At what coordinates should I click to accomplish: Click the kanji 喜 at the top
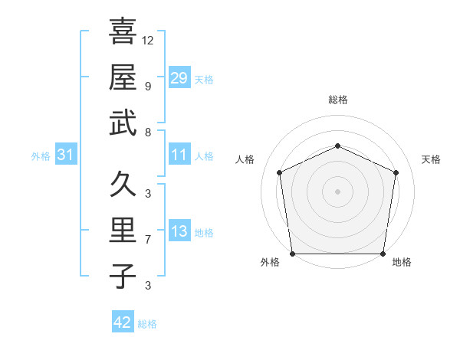pyautogui.click(x=123, y=32)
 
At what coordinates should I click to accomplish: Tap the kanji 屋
pyautogui.click(x=123, y=77)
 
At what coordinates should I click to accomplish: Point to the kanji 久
pyautogui.click(x=123, y=185)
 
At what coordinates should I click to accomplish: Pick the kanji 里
pyautogui.click(x=123, y=231)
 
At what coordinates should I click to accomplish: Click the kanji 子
pyautogui.click(x=123, y=276)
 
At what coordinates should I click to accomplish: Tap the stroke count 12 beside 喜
pyautogui.click(x=148, y=40)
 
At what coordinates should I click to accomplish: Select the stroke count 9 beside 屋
pyautogui.click(x=148, y=86)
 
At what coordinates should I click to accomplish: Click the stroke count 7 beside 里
pyautogui.click(x=148, y=240)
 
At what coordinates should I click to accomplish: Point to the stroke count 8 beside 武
pyautogui.click(x=148, y=133)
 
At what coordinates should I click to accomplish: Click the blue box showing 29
pyautogui.click(x=179, y=78)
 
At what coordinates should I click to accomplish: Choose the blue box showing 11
pyautogui.click(x=179, y=155)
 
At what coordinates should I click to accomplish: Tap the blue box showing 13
pyautogui.click(x=179, y=232)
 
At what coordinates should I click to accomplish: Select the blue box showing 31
pyautogui.click(x=66, y=155)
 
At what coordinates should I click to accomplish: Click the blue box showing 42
pyautogui.click(x=123, y=322)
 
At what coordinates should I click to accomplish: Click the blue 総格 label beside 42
pyautogui.click(x=147, y=324)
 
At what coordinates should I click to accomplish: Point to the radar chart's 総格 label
pyautogui.click(x=337, y=100)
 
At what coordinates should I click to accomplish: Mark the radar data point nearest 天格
pyautogui.click(x=396, y=172)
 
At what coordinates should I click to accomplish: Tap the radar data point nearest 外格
pyautogui.click(x=292, y=254)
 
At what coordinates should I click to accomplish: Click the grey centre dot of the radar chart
pyautogui.click(x=337, y=191)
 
